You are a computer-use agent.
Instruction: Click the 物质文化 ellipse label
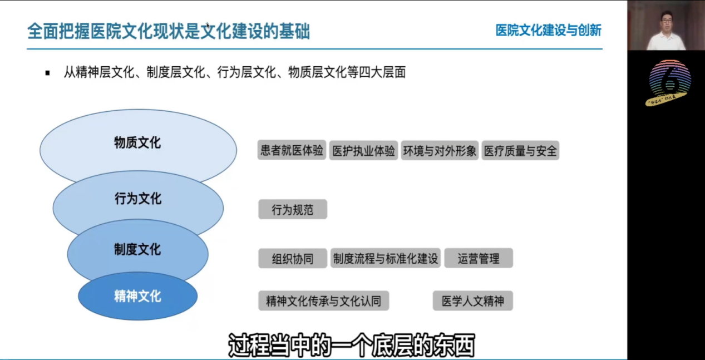pos(137,142)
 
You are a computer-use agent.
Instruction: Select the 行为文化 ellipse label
pos(138,199)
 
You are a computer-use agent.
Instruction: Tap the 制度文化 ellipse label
pos(137,249)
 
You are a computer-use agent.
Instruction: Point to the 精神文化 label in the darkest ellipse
pos(137,296)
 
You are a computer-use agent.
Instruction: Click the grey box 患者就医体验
pos(292,150)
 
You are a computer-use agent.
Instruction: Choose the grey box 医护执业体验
pos(363,150)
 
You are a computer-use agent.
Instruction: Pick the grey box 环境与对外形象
pos(440,150)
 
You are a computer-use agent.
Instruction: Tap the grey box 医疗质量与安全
pos(520,150)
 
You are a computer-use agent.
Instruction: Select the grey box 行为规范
pos(293,209)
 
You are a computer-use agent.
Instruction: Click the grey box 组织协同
pos(293,258)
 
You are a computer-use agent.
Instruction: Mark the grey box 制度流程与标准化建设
pos(386,258)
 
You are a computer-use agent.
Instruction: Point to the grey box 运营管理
pos(479,258)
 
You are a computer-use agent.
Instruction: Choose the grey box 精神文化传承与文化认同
pos(323,301)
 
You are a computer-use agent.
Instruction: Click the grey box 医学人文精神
pos(473,301)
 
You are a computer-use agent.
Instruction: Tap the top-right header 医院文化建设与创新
pos(548,30)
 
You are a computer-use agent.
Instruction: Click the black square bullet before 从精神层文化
pos(47,73)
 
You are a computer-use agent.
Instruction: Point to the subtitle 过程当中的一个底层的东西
pos(351,345)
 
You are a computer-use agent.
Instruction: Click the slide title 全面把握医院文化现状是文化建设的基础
pos(169,31)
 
